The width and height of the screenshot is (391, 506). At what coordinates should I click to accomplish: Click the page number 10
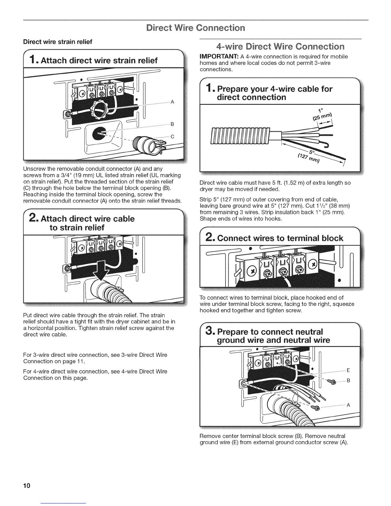click(27, 486)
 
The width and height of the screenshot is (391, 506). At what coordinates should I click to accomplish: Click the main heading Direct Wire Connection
click(195, 27)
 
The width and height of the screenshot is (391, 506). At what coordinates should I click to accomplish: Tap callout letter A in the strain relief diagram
click(172, 102)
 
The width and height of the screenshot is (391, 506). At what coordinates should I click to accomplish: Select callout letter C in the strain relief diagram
click(172, 137)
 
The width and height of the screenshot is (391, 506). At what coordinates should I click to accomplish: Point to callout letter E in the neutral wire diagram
click(349, 371)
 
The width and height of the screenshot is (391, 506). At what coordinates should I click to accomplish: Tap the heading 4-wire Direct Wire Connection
click(280, 47)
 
